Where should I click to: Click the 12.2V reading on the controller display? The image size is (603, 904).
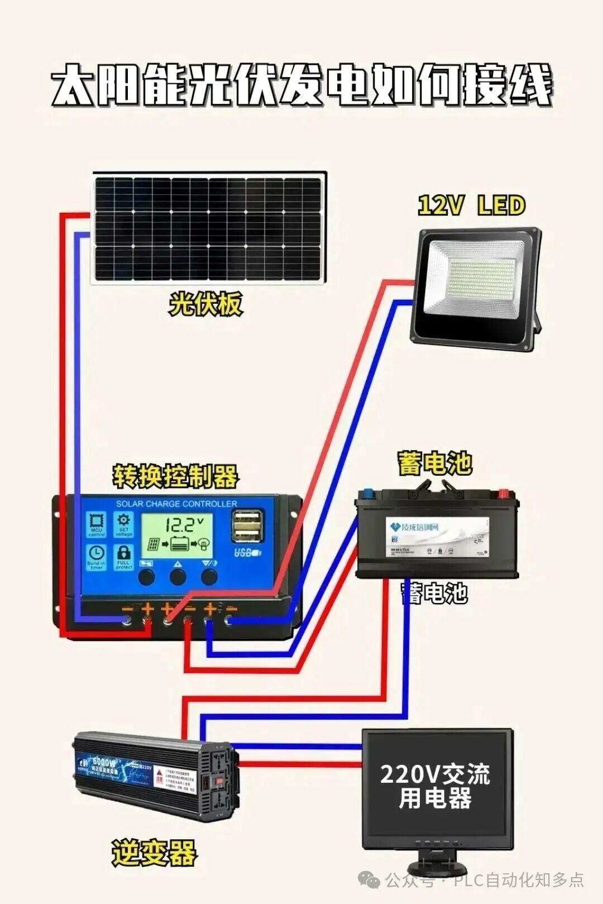pyautogui.click(x=179, y=525)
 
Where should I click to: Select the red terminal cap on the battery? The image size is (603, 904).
pyautogui.click(x=503, y=493)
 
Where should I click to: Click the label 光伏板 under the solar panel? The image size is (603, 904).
pyautogui.click(x=205, y=305)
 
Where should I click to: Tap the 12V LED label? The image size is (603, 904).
pyautogui.click(x=472, y=205)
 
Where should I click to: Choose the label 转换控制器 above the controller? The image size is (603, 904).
pyautogui.click(x=175, y=476)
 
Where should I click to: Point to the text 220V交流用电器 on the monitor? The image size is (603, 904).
pyautogui.click(x=435, y=786)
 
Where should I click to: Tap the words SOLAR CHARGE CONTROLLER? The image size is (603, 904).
pyautogui.click(x=176, y=504)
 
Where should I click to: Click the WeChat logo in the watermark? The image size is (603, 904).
pyautogui.click(x=369, y=881)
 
